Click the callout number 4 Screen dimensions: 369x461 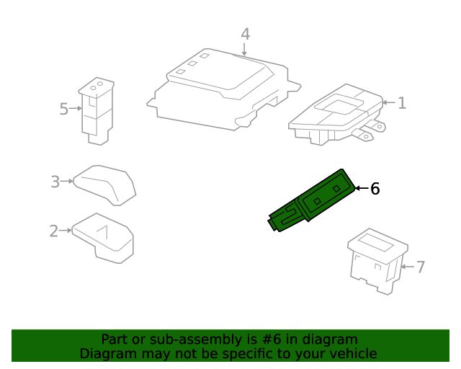[245, 34]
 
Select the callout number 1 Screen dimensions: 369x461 [402, 103]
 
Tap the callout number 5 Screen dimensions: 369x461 [63, 109]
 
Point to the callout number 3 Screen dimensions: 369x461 [55, 182]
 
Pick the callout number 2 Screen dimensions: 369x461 [53, 231]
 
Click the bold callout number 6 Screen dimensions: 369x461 [374, 189]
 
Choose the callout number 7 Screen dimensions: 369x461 [421, 267]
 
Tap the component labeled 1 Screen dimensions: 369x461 [335, 115]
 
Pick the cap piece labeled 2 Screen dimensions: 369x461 [104, 236]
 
